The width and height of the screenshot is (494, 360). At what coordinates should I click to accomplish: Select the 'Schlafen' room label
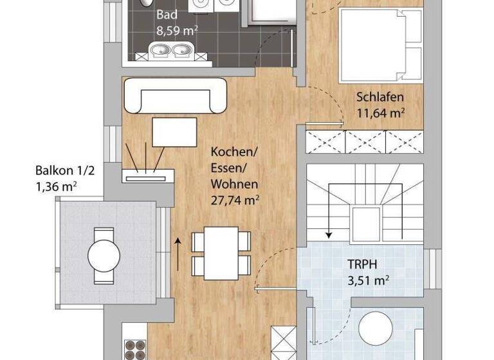point(380,98)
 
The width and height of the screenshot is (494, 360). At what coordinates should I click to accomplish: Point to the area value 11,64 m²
point(381,113)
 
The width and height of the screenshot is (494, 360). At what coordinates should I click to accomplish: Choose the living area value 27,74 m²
point(235,200)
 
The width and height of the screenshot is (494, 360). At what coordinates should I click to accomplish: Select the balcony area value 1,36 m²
point(63,187)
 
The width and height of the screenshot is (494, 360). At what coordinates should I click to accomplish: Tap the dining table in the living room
point(222,251)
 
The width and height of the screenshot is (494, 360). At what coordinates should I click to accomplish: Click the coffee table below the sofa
point(174,132)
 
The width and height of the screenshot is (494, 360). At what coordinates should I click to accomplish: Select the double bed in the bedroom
point(380,44)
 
